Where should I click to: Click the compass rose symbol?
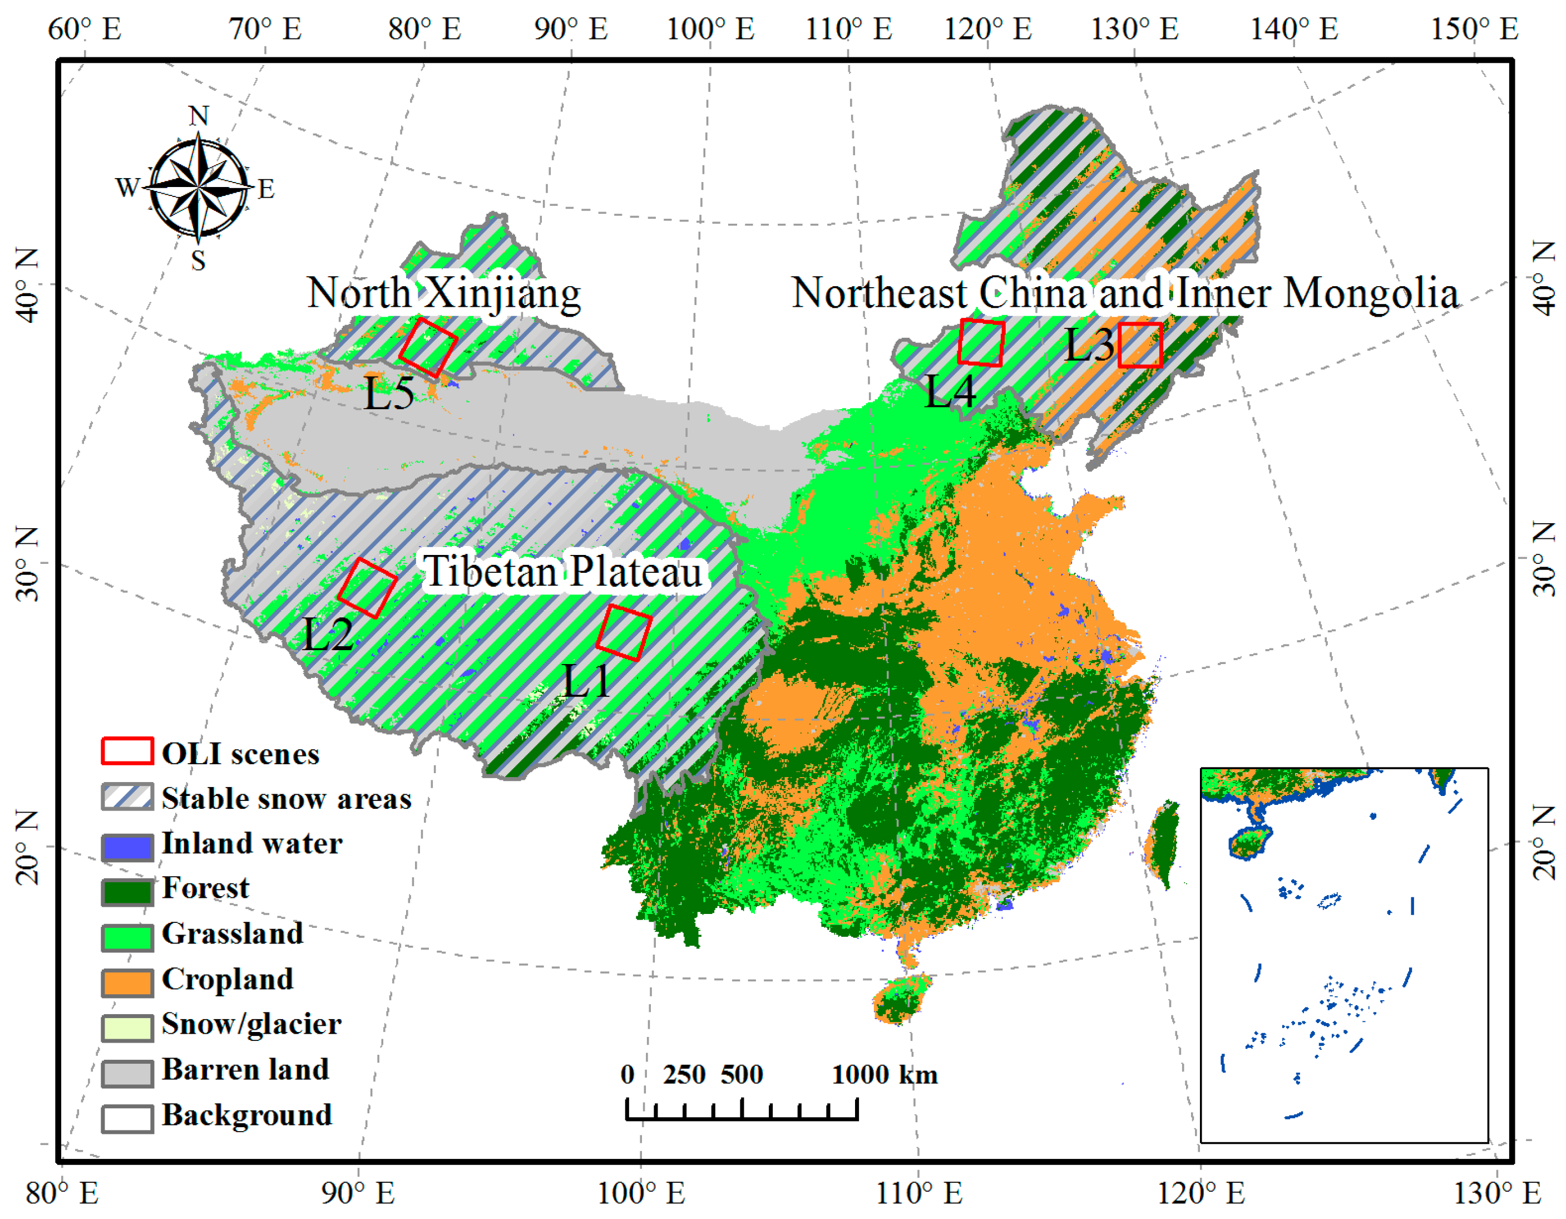(x=199, y=188)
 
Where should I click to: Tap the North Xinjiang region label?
(x=444, y=293)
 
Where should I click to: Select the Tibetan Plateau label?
(x=563, y=572)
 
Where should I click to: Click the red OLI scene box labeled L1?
(x=624, y=632)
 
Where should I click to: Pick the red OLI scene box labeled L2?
(x=367, y=588)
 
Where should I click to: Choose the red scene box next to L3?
(x=1140, y=345)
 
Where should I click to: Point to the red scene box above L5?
(x=428, y=348)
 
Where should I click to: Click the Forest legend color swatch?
(x=127, y=891)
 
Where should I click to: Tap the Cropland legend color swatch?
(x=127, y=981)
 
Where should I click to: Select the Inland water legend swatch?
(x=127, y=847)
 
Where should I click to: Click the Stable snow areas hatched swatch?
(x=127, y=797)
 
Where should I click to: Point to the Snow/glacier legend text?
(x=251, y=1024)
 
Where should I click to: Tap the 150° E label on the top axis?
(x=1474, y=30)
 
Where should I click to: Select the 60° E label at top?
(x=85, y=30)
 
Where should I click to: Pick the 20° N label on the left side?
(x=27, y=847)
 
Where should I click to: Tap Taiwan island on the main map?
(x=1162, y=844)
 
